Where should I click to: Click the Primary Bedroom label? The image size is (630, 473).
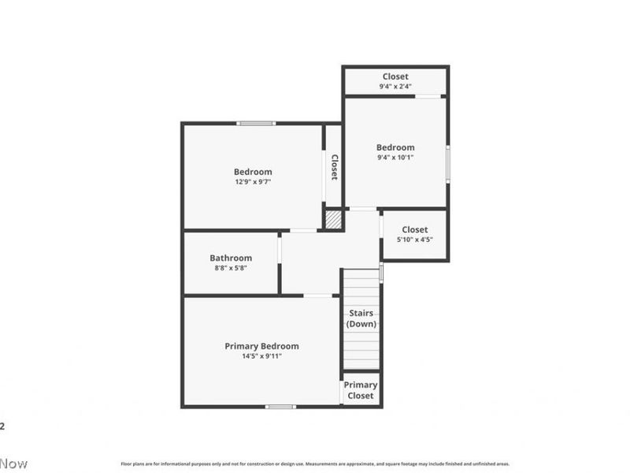261,346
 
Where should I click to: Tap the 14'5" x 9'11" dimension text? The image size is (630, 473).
261,356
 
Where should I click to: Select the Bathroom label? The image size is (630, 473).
231,258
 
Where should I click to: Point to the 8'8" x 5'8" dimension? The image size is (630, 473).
231,268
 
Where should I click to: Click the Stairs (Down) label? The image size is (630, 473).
361,318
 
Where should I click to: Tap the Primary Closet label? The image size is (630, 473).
361,390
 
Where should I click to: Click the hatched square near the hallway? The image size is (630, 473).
334,218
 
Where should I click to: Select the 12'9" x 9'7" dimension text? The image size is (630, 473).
253,182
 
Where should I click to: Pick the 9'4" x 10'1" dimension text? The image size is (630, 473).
395,157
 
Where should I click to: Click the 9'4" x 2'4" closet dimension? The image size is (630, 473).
395,86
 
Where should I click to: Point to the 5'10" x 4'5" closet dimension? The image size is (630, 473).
415,240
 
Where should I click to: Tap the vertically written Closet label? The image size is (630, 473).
334,167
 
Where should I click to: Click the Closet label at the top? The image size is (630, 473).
395,76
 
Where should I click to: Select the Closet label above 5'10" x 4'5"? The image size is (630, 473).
415,229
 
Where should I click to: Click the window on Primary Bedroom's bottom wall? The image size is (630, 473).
280,407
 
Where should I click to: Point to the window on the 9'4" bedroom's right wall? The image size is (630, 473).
448,164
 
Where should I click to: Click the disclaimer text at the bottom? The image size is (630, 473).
315,464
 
